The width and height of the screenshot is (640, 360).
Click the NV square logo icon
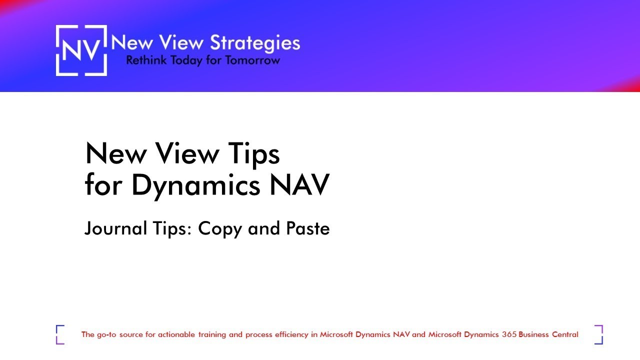tap(81, 50)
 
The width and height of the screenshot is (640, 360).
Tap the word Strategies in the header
tap(255, 43)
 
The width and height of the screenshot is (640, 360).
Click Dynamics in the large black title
tap(196, 185)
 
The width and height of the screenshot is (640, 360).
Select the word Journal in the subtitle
tap(115, 228)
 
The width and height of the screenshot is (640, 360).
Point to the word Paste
tap(307, 228)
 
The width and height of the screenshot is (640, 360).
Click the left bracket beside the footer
tap(60, 334)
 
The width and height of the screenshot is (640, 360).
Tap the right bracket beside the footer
tap(599, 334)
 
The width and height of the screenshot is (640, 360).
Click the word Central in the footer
tap(565, 334)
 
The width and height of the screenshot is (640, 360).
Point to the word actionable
tap(177, 334)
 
